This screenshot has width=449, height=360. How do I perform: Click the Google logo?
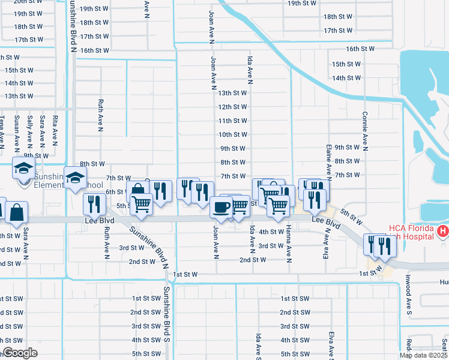tap(20, 353)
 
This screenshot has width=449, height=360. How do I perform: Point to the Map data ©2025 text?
tap(423, 355)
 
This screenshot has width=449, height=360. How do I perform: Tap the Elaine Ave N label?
tap(329, 160)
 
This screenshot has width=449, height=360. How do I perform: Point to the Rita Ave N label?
tap(55, 131)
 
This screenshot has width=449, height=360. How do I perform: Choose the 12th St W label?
tap(233, 107)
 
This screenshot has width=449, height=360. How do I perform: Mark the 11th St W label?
tap(233, 121)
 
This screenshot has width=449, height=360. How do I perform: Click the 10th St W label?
tap(233, 134)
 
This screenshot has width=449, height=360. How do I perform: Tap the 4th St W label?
tap(271, 232)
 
